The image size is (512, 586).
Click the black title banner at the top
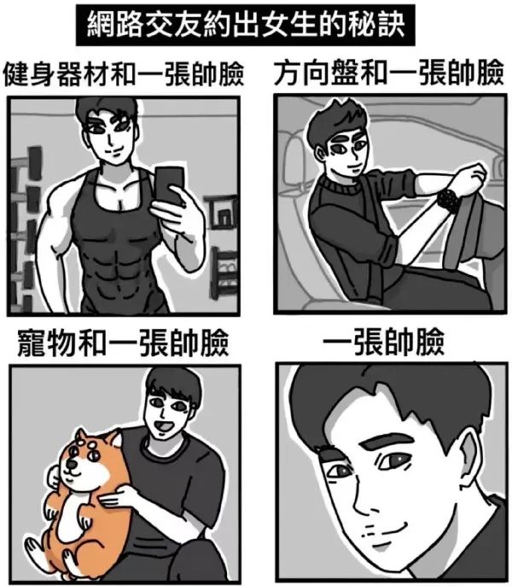pyautogui.click(x=246, y=25)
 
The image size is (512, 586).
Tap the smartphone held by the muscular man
pyautogui.click(x=169, y=185)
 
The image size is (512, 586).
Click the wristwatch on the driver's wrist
pyautogui.click(x=448, y=201)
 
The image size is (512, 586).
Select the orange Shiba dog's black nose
pyautogui.click(x=70, y=464)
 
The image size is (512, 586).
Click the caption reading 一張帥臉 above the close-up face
pyautogui.click(x=383, y=342)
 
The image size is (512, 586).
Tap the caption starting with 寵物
pyautogui.click(x=123, y=343)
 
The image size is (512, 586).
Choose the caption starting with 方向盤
pyautogui.click(x=389, y=72)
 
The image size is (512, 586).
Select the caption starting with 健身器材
pyautogui.click(x=123, y=74)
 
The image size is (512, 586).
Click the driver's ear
pyautogui.click(x=320, y=154)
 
